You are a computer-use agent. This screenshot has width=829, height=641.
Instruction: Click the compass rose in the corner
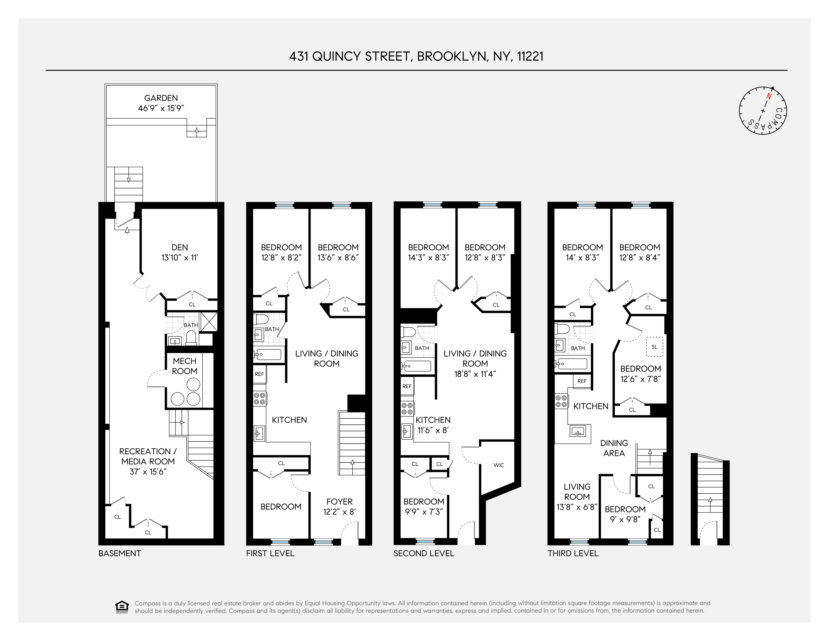(763, 111)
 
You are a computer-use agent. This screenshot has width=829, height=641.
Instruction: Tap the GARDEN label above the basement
(161, 98)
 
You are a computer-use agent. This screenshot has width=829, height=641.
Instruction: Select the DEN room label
(180, 247)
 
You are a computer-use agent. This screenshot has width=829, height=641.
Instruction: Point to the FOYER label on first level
(339, 502)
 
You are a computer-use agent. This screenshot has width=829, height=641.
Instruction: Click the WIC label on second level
(499, 465)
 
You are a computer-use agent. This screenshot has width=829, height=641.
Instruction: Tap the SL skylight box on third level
(654, 347)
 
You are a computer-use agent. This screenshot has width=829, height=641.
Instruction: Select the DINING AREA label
(614, 448)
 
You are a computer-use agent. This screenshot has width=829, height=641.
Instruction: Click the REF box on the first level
(259, 374)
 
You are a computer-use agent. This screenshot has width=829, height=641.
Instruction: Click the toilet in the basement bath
(191, 338)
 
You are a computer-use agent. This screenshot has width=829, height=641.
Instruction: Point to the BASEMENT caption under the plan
(120, 553)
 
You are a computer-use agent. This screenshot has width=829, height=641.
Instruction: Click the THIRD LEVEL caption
(573, 553)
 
